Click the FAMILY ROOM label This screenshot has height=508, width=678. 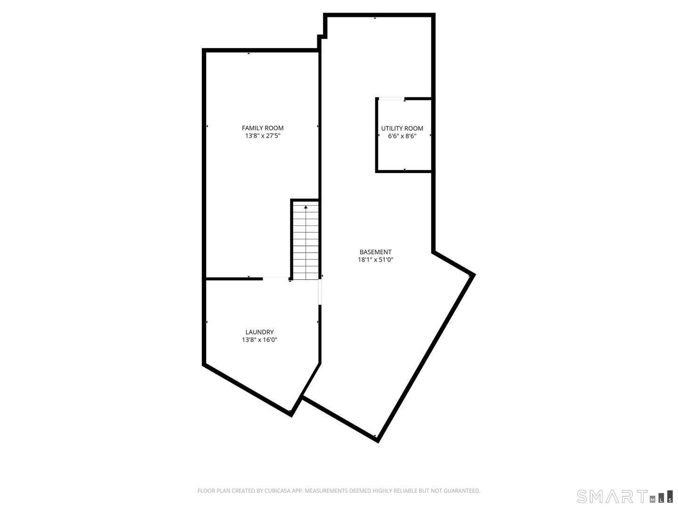coord(262,128)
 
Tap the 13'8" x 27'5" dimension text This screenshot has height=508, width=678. coord(262,136)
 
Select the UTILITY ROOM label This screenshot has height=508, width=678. coord(402,128)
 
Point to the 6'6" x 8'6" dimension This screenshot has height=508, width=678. coord(402,136)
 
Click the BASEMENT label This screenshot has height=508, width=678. coord(375,252)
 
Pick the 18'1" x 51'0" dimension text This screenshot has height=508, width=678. coord(375,260)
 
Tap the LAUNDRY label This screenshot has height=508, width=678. coord(259,332)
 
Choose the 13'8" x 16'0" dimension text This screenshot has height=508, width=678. coord(259,340)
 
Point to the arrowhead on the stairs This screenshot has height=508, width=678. coord(306,206)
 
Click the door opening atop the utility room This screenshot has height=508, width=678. coord(391,98)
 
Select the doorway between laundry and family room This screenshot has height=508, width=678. coord(276,278)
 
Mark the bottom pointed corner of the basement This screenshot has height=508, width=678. coord(377,440)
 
